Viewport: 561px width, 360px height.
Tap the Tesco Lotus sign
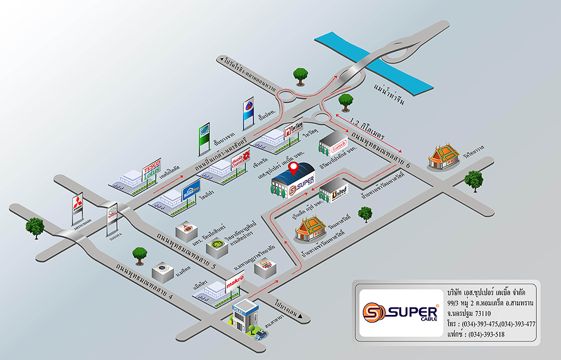[x=151, y=170]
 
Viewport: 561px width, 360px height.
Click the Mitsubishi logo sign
[x=78, y=207]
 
